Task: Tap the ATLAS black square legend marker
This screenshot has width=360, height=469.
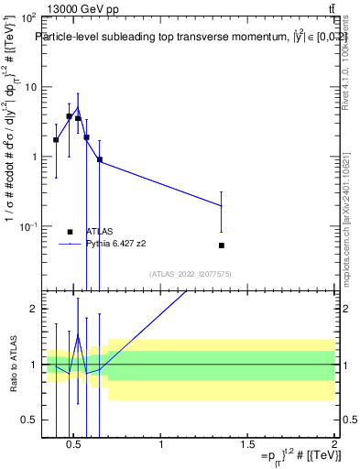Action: [x=70, y=232]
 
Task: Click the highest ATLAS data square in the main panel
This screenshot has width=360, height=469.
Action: [x=70, y=116]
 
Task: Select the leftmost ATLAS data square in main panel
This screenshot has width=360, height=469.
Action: [x=56, y=140]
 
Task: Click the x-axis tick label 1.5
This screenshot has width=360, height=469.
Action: [x=247, y=445]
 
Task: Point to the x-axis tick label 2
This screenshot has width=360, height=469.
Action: [x=333, y=445]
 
